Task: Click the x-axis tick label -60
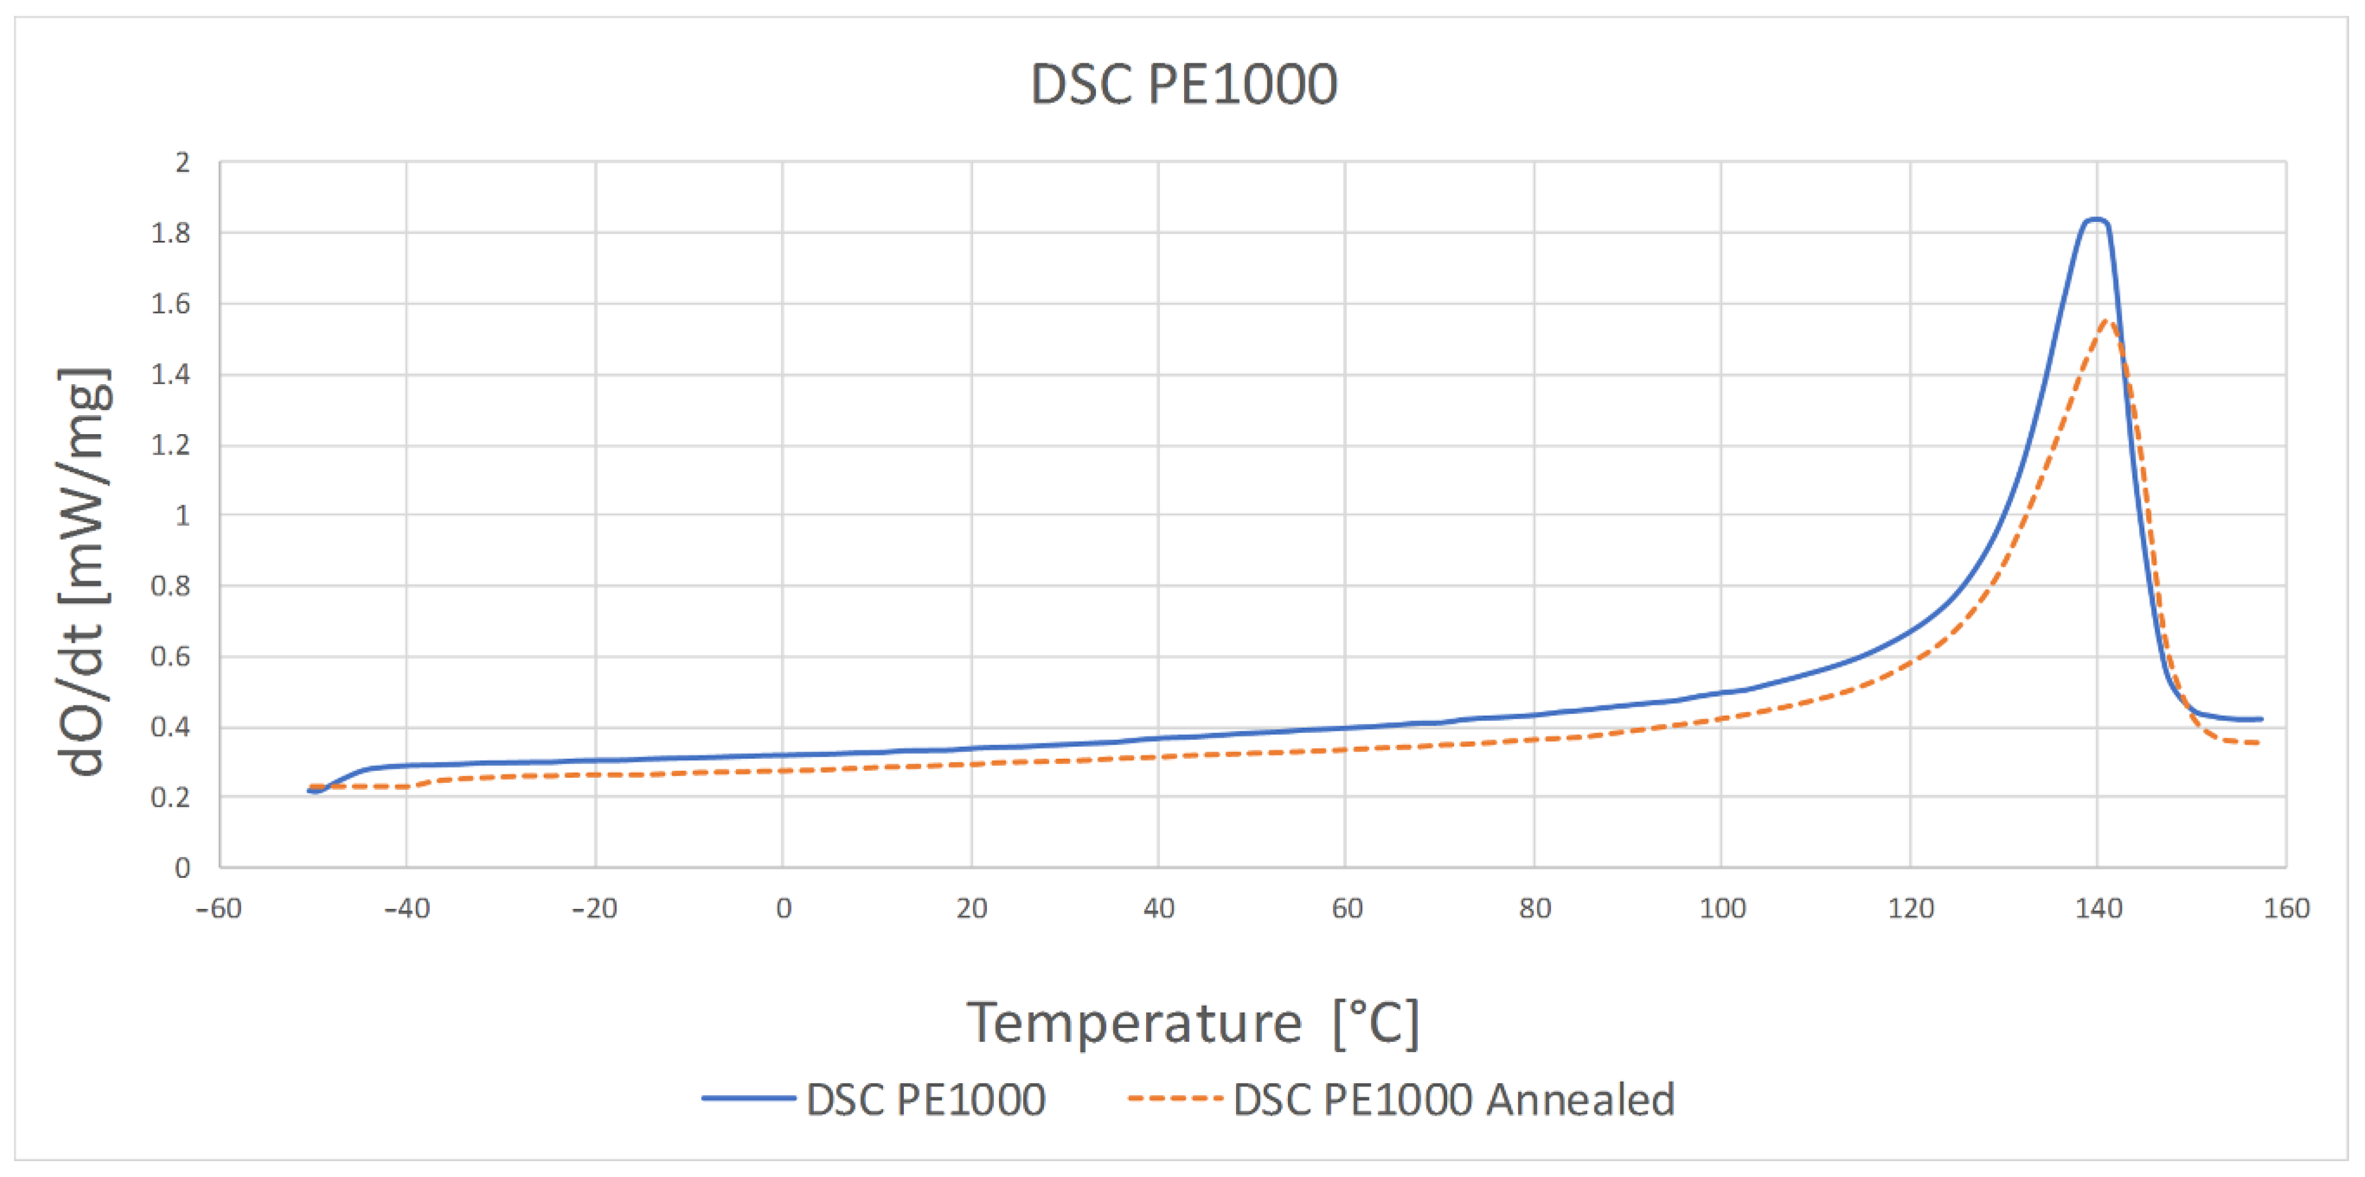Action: (219, 909)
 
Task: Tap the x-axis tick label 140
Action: (2099, 909)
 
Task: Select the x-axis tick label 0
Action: (783, 909)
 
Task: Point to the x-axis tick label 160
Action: (2286, 909)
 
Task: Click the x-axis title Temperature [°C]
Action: (1192, 1023)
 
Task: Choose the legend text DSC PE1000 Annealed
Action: (1453, 1099)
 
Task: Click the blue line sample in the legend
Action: (748, 1098)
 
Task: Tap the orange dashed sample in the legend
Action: (1175, 1098)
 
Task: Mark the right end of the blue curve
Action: (2260, 719)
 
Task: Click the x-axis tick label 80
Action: (1534, 909)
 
